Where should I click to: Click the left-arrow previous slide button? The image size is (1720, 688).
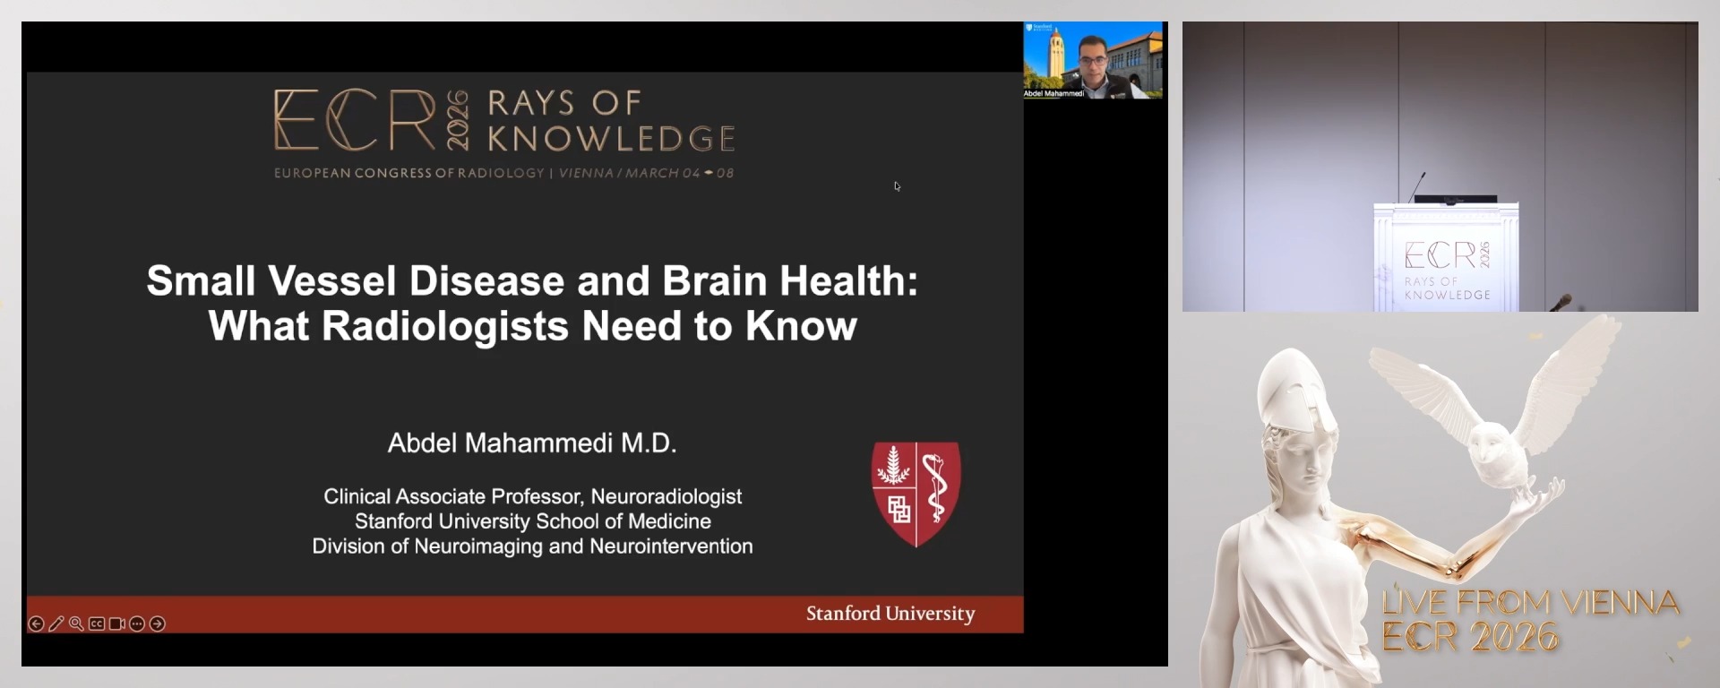[36, 623]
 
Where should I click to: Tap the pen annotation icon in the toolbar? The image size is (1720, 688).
[56, 623]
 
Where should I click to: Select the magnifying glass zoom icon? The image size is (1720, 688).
[76, 623]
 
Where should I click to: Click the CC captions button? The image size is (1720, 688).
[97, 623]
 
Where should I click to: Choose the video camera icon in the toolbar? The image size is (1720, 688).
[116, 623]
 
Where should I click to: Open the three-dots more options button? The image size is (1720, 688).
[137, 623]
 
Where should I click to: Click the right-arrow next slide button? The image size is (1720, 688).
[158, 623]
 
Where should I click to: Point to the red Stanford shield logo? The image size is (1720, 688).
[916, 493]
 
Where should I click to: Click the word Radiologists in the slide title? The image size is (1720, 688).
[443, 326]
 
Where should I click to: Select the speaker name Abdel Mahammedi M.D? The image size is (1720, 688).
[532, 443]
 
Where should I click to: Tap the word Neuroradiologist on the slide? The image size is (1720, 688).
[666, 496]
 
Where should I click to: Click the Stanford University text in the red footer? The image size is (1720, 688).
[890, 614]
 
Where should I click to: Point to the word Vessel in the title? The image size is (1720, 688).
[331, 281]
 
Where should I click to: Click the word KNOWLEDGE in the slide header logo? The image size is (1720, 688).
[611, 139]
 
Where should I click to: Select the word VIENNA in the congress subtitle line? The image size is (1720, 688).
[586, 173]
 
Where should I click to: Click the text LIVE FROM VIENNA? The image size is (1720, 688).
[1530, 602]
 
